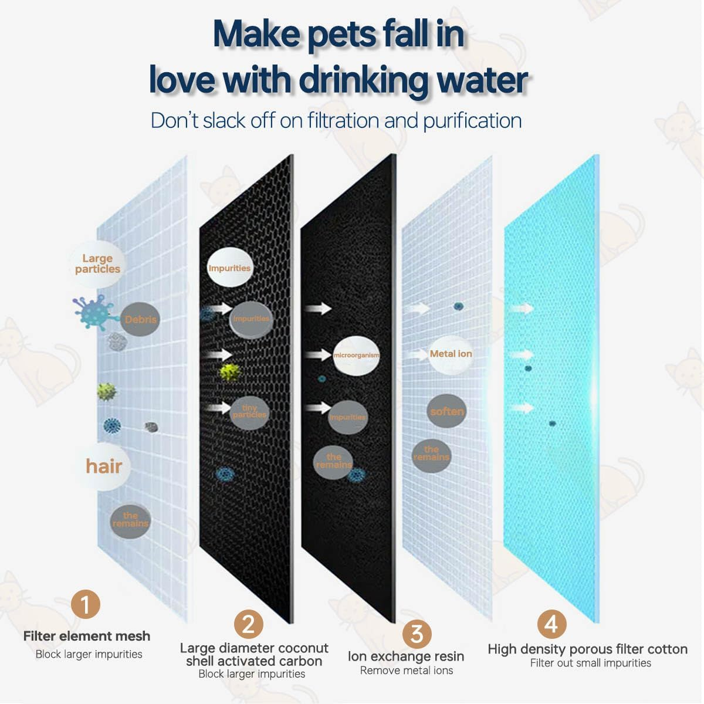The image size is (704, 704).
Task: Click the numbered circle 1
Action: pos(86,604)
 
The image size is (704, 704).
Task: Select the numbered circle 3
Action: pos(417,634)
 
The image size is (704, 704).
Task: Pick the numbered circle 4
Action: pos(551,624)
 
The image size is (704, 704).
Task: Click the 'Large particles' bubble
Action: pos(97,264)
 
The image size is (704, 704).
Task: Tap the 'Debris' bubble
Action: pos(140,320)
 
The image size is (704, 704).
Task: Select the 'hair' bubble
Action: pos(104,466)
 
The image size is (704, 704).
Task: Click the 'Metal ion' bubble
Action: pos(451,354)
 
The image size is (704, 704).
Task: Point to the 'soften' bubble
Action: pos(447,411)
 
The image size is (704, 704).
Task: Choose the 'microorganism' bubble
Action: pos(356,356)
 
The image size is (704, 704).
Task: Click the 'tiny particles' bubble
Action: pos(249,412)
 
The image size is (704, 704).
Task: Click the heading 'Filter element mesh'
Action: pos(87,636)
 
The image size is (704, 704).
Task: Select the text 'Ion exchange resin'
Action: pos(406,656)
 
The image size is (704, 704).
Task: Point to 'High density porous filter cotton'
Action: pos(587,649)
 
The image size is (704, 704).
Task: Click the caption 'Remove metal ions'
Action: pos(407,671)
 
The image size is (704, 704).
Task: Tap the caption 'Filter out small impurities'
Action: pos(590,663)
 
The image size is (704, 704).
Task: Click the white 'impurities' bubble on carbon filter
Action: pos(229,268)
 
